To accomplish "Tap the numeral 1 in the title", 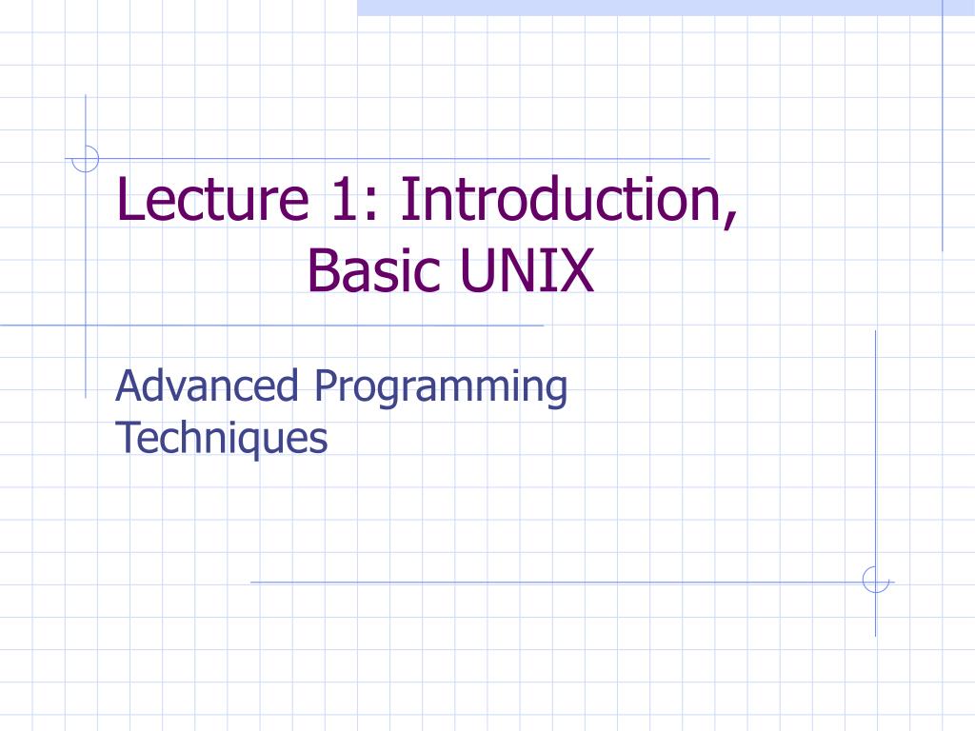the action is [344, 199].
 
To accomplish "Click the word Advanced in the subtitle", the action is [207, 385].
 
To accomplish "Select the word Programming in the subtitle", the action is [441, 388].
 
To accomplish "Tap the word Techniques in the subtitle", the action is [221, 439].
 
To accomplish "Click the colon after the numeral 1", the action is [370, 206].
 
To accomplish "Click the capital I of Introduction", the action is [408, 199].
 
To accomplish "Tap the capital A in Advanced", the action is [129, 385].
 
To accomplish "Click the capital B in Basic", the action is [323, 270].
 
